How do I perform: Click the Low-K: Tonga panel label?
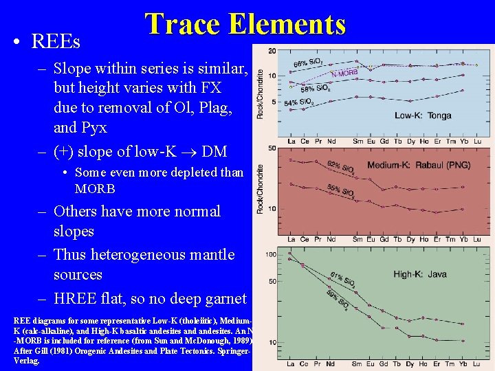pyautogui.click(x=423, y=115)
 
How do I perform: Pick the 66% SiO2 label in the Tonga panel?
pyautogui.click(x=309, y=64)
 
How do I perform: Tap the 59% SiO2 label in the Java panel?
pyautogui.click(x=336, y=300)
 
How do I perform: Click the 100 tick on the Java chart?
pyautogui.click(x=272, y=255)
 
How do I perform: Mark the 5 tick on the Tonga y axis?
pyautogui.click(x=274, y=102)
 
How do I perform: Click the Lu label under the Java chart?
pyautogui.click(x=477, y=363)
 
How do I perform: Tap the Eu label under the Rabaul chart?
pyautogui.click(x=372, y=239)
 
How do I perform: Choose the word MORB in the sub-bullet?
pyautogui.click(x=95, y=189)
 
